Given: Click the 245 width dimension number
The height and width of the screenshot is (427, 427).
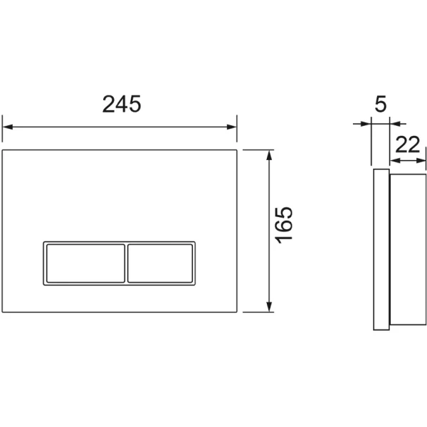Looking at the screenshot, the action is click(122, 104).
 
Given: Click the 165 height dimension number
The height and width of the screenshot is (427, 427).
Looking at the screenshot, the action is click(284, 225).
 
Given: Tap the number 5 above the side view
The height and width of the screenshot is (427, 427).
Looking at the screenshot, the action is click(381, 104).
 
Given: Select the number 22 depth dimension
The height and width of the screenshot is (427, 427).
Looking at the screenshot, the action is click(407, 144).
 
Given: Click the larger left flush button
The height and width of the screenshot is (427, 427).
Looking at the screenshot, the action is click(85, 263).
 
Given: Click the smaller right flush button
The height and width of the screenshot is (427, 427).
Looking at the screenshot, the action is click(160, 263).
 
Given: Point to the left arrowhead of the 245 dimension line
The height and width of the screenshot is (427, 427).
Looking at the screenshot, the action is click(8, 127).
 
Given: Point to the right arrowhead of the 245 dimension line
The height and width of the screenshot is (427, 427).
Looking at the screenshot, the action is click(231, 127).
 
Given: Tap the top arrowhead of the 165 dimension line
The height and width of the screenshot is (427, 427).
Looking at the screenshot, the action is click(269, 155).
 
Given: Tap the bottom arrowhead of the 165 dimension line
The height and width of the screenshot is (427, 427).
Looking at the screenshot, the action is click(269, 307).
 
